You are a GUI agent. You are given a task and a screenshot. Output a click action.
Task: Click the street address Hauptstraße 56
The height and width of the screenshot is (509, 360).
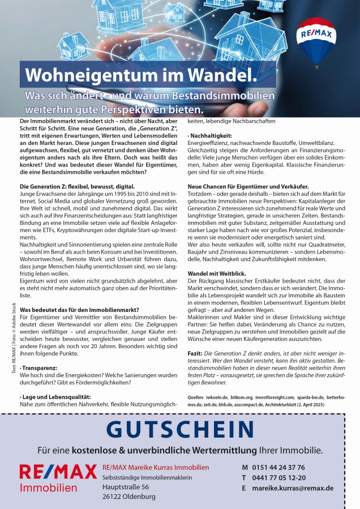pyautogui.click(x=126, y=487)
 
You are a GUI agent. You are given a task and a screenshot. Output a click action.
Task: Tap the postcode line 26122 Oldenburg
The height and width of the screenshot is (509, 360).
pyautogui.click(x=128, y=497)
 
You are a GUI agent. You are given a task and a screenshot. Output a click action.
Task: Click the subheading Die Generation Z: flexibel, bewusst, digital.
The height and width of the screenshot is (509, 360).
pyautogui.click(x=77, y=186)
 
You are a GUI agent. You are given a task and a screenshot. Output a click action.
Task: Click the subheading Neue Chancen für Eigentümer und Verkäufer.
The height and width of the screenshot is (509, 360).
pyautogui.click(x=248, y=186)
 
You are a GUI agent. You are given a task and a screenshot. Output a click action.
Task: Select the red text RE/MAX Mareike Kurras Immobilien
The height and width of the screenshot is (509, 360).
pyautogui.click(x=156, y=467)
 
